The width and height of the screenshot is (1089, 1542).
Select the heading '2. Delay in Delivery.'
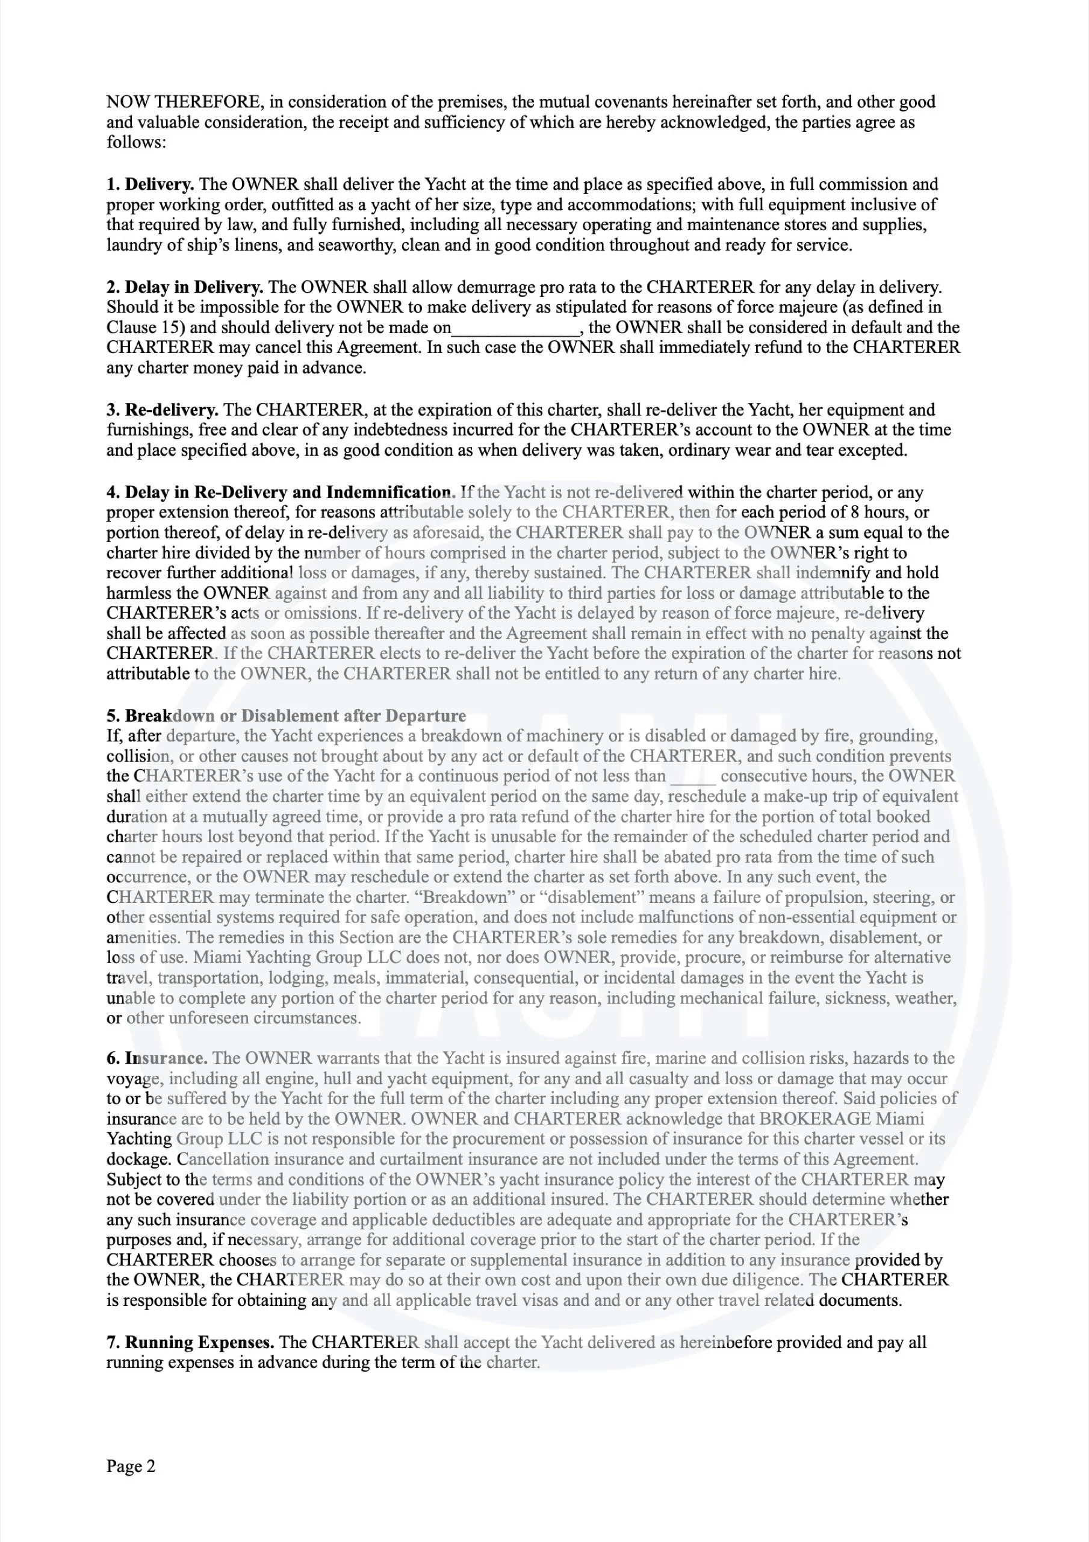pyautogui.click(x=185, y=287)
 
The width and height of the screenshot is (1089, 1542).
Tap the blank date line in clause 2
pyautogui.click(x=515, y=329)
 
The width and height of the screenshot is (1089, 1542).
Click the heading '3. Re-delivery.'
pyautogui.click(x=163, y=410)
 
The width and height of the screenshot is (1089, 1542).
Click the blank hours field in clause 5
pyautogui.click(x=693, y=777)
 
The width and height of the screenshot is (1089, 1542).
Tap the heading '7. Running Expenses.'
pyautogui.click(x=190, y=1343)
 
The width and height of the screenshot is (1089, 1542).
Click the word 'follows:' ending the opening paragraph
pyautogui.click(x=135, y=142)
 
